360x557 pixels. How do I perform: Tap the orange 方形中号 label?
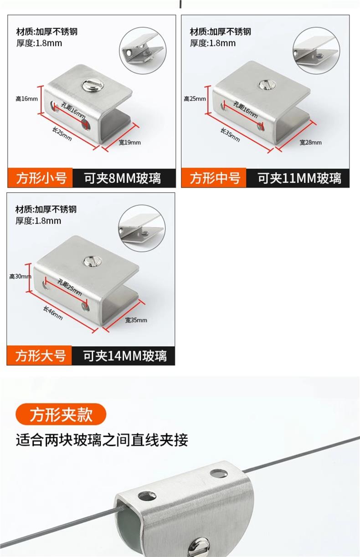click(x=214, y=178)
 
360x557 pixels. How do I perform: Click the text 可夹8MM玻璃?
click(x=123, y=178)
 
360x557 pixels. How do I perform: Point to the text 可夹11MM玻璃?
click(x=299, y=178)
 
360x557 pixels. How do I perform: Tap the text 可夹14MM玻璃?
click(x=125, y=356)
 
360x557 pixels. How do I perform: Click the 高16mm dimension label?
click(x=26, y=99)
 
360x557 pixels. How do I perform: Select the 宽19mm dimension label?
click(x=129, y=143)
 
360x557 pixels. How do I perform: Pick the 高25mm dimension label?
click(x=195, y=99)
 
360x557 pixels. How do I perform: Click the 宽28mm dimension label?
click(x=310, y=143)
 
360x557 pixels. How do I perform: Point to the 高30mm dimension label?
click(x=20, y=276)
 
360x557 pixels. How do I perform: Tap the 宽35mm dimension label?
click(x=136, y=320)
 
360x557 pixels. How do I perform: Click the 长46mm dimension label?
click(x=53, y=313)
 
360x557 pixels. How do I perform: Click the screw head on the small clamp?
click(x=93, y=86)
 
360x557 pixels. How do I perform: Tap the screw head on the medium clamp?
click(x=267, y=85)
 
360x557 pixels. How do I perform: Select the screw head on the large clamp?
click(x=93, y=261)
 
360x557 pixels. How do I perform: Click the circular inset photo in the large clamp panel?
click(x=142, y=228)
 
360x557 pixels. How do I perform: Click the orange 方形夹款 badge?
click(x=61, y=414)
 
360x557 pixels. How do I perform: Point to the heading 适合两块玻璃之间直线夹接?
click(x=102, y=440)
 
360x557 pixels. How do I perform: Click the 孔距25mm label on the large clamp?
click(x=69, y=287)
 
